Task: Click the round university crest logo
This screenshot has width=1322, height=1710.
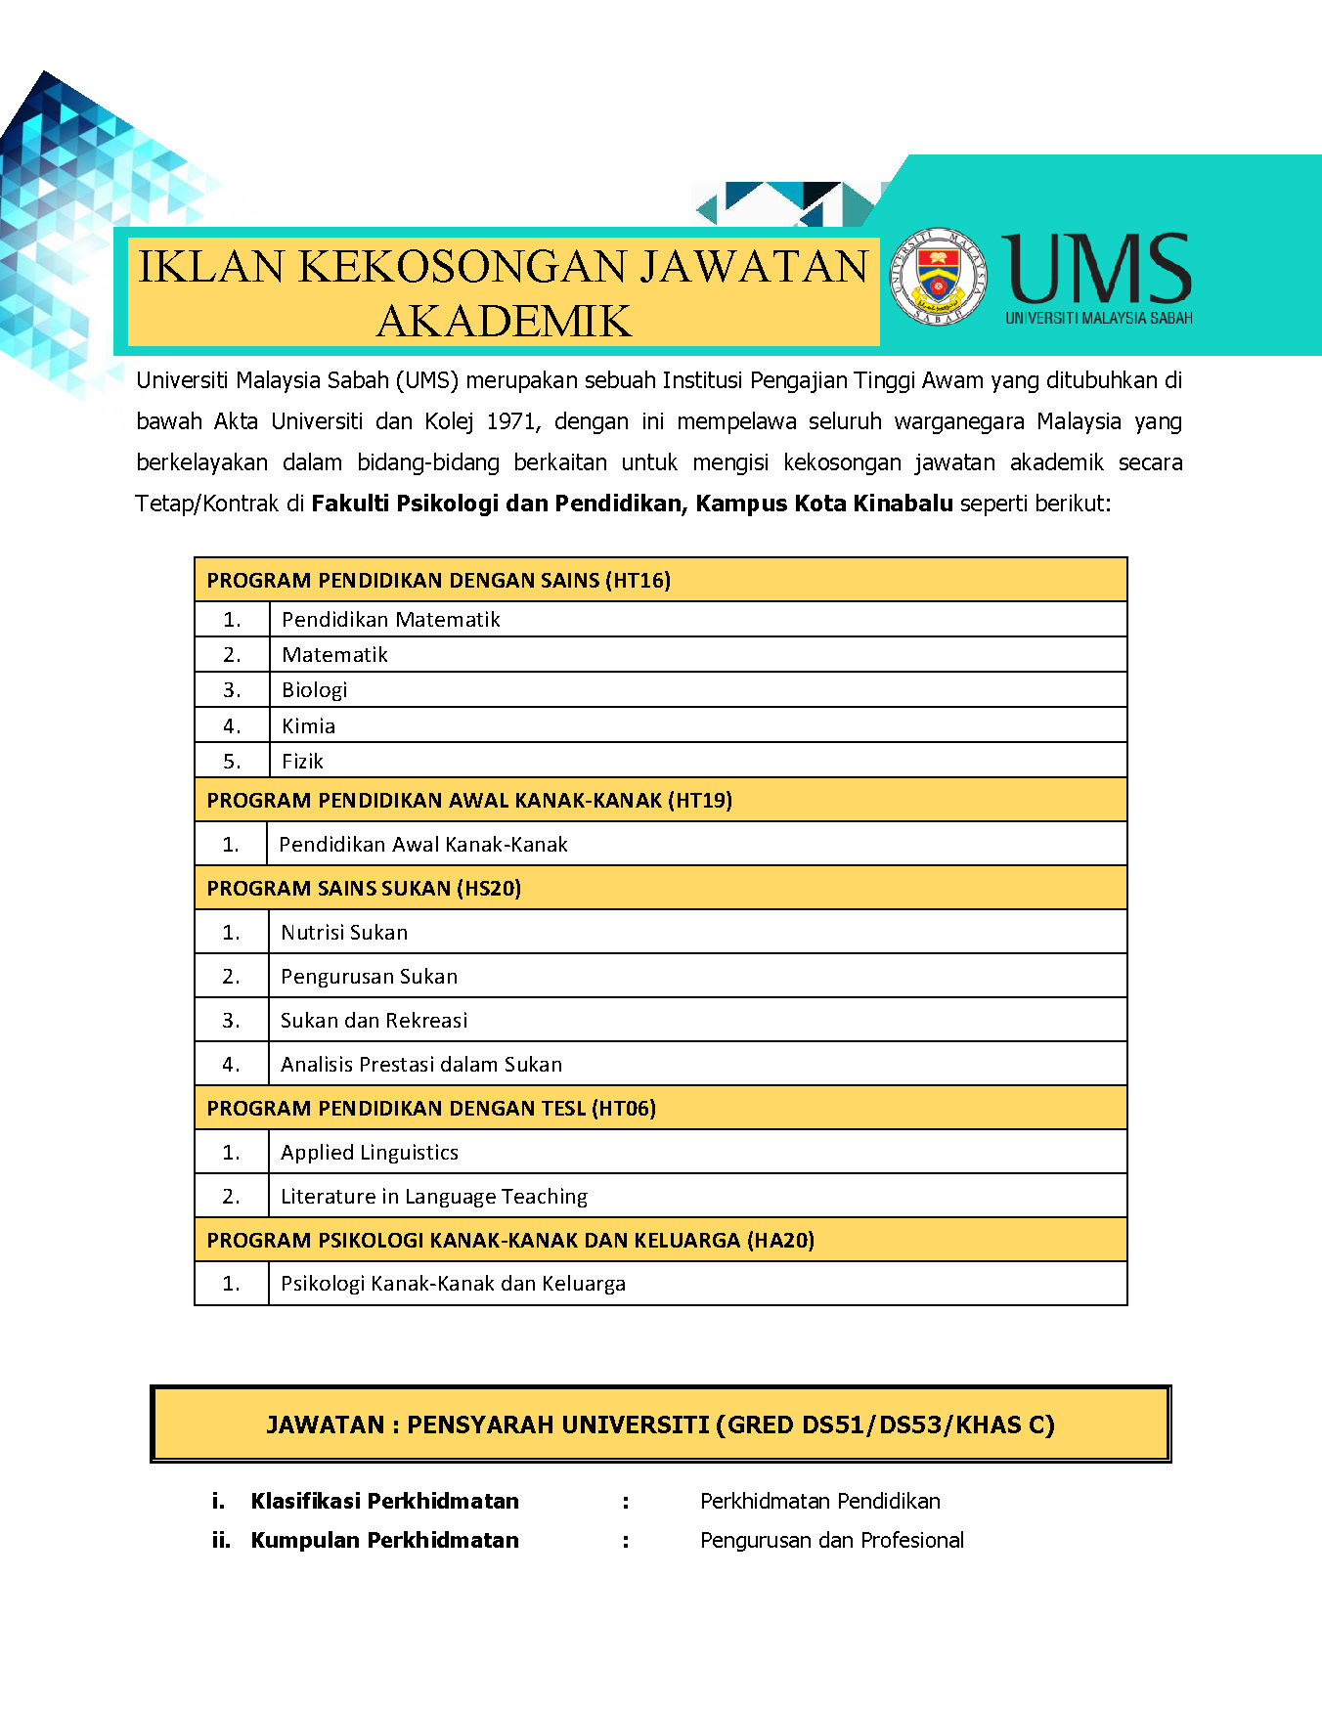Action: tap(938, 278)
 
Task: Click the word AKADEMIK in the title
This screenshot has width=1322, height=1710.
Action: tap(504, 322)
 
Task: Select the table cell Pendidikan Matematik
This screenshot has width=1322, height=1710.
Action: tap(390, 620)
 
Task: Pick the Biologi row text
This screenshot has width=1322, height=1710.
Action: tap(314, 690)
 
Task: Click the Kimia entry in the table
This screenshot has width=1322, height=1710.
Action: tap(308, 726)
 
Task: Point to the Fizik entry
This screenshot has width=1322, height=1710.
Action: tap(302, 762)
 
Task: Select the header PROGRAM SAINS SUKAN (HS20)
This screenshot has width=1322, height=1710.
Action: tap(364, 889)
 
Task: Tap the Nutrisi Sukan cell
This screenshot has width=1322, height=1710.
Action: tap(344, 933)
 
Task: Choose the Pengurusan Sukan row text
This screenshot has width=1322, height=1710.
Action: tap(369, 977)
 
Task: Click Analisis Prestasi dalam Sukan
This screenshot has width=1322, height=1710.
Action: tap(421, 1065)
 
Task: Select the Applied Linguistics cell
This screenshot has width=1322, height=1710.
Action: tap(370, 1153)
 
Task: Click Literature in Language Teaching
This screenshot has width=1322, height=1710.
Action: tap(434, 1197)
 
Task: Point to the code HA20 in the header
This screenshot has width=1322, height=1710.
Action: tap(780, 1241)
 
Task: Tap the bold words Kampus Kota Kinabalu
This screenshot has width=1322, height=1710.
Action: tap(823, 504)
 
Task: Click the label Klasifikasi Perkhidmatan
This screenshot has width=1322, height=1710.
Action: tap(384, 1502)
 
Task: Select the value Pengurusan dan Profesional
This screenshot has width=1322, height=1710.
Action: tap(831, 1541)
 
